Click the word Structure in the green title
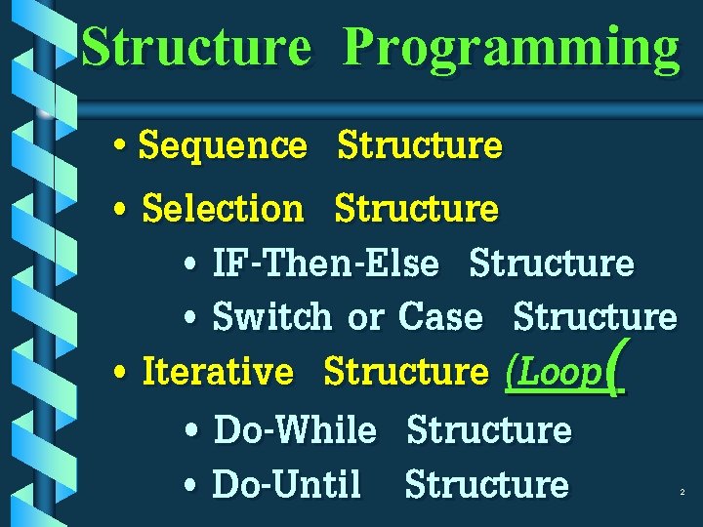click(x=196, y=47)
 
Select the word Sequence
click(x=223, y=146)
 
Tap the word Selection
click(x=223, y=208)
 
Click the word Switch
click(x=271, y=317)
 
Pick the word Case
click(x=440, y=317)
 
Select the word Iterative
click(x=217, y=372)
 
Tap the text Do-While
click(x=294, y=429)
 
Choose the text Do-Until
click(x=286, y=484)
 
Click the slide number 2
click(x=682, y=494)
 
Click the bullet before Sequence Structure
click(x=118, y=148)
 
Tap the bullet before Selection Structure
click(x=118, y=210)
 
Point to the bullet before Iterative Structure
click(x=118, y=374)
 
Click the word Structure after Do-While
click(x=488, y=429)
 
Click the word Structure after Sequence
click(x=419, y=146)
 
